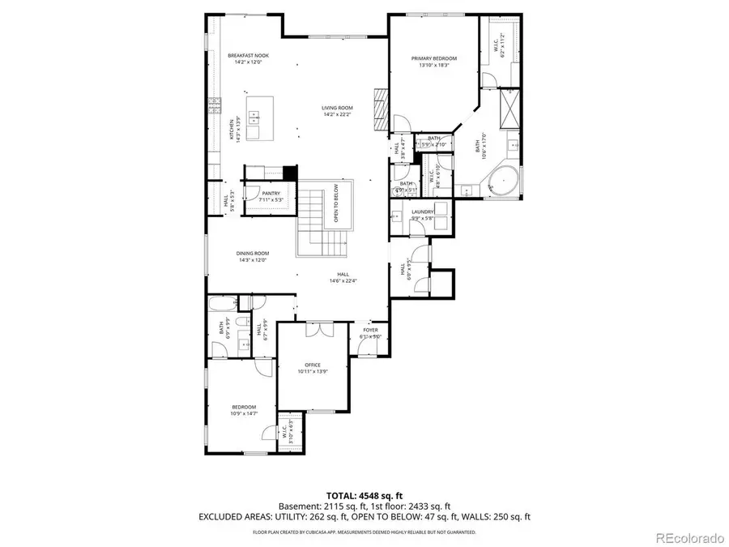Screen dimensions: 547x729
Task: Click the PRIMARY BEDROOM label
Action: (433, 58)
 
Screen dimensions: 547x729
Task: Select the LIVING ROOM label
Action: (337, 107)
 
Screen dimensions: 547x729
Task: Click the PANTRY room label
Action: (271, 193)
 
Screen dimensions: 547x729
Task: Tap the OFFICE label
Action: (313, 365)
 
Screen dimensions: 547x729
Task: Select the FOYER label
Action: (369, 330)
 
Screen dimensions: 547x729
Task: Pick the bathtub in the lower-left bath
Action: (222, 306)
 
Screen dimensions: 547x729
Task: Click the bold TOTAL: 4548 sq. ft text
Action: (364, 494)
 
